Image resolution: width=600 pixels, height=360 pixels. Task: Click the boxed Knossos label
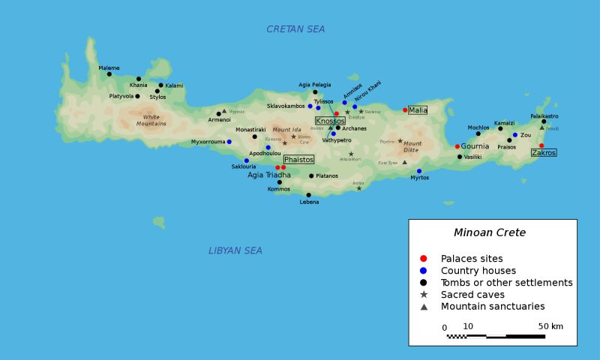coord(330,121)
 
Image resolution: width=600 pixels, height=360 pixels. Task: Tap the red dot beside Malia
coord(405,110)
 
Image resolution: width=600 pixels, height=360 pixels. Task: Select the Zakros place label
coord(544,152)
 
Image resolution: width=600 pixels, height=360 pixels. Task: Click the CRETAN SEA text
coord(295,29)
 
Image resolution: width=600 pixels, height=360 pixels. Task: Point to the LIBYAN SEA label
coord(235,250)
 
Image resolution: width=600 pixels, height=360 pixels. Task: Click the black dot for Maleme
coord(109,73)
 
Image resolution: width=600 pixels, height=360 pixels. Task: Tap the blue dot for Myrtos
coord(419,171)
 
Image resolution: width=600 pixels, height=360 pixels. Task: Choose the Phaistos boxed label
coord(298,159)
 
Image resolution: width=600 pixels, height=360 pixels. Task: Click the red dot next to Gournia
coord(457,146)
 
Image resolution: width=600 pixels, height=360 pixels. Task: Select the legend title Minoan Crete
coord(490,232)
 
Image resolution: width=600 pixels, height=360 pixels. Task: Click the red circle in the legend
coord(424,259)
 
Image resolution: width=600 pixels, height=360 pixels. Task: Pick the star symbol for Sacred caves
coord(424,295)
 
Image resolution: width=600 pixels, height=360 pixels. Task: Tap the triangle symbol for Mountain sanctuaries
coord(424,307)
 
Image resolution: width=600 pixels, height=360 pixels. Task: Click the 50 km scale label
coord(550,326)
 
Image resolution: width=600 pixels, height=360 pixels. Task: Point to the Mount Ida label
coord(286,130)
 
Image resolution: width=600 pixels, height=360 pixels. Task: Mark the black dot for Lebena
coord(308,195)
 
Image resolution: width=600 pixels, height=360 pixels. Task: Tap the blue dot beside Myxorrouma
coord(229,142)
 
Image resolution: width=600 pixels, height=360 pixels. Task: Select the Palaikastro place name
coord(544,116)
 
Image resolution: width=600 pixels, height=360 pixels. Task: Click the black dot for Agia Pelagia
coord(315,92)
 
